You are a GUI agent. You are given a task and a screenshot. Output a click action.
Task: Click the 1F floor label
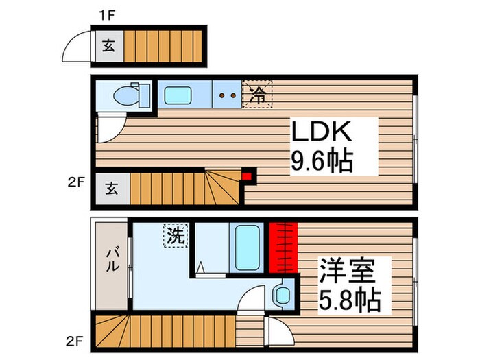pos(106,15)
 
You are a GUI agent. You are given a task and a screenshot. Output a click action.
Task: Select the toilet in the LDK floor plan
pos(131,95)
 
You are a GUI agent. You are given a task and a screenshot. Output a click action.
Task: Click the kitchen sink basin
pos(178,95)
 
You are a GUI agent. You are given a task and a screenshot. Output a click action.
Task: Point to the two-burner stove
pos(227,95)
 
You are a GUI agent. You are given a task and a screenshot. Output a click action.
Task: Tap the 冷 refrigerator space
pos(257,95)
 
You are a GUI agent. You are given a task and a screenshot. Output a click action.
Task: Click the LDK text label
pos(321,132)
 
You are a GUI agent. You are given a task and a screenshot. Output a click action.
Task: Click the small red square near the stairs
pos(247,177)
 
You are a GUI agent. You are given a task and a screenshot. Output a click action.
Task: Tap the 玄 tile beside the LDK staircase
pos(112,189)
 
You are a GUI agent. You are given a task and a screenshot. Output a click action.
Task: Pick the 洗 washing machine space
pos(176,235)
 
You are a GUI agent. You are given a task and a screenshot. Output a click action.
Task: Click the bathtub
pos(247,248)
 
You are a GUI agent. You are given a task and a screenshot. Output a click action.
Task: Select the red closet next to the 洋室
pos(283,248)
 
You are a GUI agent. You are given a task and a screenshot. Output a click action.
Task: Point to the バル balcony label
pos(112,259)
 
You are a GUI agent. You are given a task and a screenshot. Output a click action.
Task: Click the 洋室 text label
pos(347,270)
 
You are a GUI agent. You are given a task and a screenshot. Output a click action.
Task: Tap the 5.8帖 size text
pos(350,299)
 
